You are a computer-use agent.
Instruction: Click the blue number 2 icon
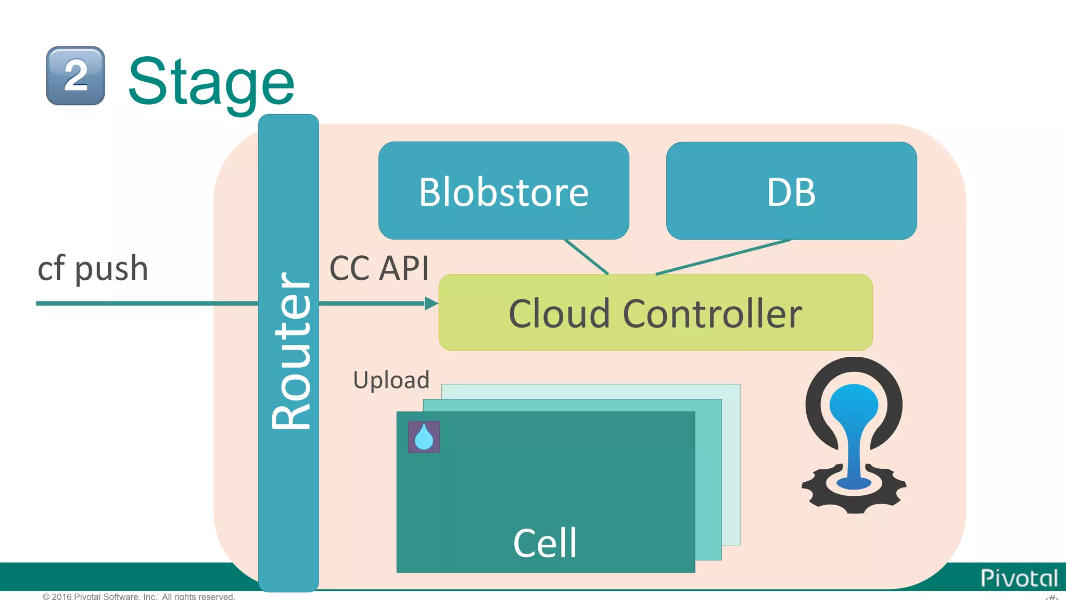pyautogui.click(x=75, y=76)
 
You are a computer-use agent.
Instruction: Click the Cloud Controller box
pyautogui.click(x=655, y=314)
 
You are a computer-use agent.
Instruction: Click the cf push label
pyautogui.click(x=93, y=269)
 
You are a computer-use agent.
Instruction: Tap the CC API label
pyautogui.click(x=379, y=269)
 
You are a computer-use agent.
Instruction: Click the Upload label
pyautogui.click(x=391, y=380)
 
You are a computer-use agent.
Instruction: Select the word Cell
pyautogui.click(x=545, y=543)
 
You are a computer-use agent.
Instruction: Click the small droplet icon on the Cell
pyautogui.click(x=424, y=436)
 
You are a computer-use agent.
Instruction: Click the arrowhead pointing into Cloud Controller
pyautogui.click(x=431, y=303)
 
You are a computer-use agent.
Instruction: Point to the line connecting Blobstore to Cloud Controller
pyautogui.click(x=587, y=257)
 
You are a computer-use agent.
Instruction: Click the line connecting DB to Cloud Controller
pyautogui.click(x=724, y=257)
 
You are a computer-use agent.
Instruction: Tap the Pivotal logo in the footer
pyautogui.click(x=1019, y=578)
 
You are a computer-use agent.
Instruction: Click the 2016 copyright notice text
pyautogui.click(x=138, y=596)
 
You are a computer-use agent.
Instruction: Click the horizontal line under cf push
pyautogui.click(x=146, y=303)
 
